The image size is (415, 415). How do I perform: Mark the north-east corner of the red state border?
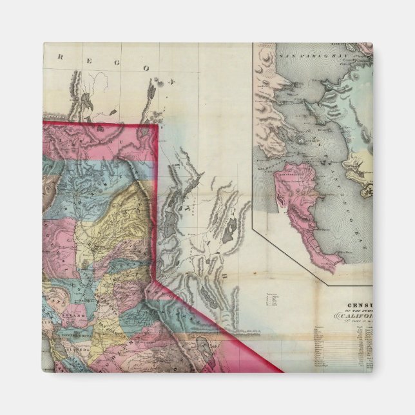click(x=158, y=126)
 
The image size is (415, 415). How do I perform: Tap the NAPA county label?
click(x=59, y=302)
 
